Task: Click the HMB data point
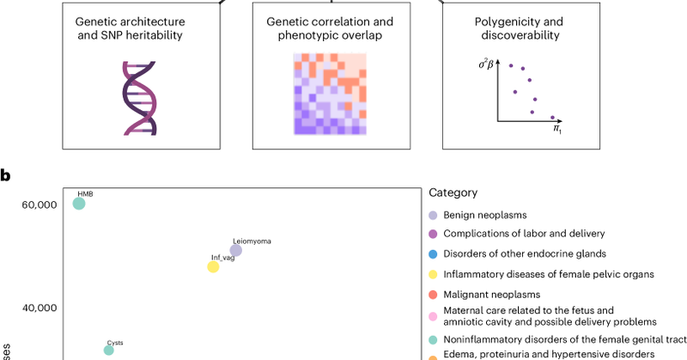(79, 204)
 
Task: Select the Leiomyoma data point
(236, 250)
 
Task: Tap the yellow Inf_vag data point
(213, 266)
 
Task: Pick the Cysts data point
(109, 350)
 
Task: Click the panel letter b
(6, 175)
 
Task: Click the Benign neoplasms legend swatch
(434, 216)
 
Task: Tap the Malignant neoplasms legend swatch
(434, 295)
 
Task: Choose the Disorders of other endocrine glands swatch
(434, 253)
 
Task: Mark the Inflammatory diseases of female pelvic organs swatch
(434, 274)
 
